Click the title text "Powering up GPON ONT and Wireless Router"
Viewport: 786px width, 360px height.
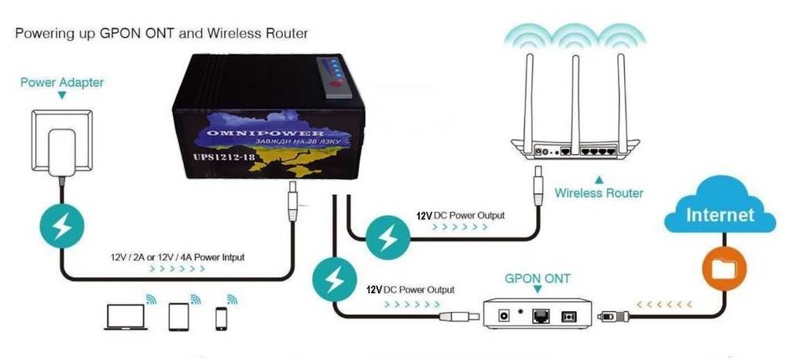162,34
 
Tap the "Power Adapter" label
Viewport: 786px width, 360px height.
62,83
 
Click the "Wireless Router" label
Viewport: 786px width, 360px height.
598,193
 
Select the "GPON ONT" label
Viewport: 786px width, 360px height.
538,278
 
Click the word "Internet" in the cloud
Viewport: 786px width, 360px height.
720,215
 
